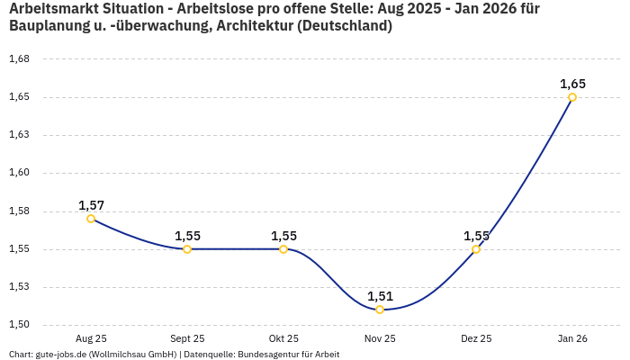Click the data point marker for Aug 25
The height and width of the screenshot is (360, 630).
click(x=91, y=219)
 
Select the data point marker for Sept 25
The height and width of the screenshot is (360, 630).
click(x=187, y=249)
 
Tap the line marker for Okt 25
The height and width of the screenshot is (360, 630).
click(x=283, y=249)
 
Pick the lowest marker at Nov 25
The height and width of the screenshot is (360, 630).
click(x=380, y=310)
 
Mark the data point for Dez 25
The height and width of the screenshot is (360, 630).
click(x=476, y=249)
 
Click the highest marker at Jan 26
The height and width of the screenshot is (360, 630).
click(x=572, y=97)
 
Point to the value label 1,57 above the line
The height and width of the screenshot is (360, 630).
click(x=91, y=205)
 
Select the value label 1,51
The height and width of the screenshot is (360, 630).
click(x=380, y=296)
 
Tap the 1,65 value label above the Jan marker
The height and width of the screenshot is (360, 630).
click(x=572, y=84)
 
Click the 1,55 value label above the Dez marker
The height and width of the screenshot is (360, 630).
click(x=476, y=236)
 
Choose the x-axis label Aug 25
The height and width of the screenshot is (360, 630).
click(x=91, y=338)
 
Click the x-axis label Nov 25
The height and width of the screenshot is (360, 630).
click(x=380, y=338)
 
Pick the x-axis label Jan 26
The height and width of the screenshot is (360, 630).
click(x=572, y=338)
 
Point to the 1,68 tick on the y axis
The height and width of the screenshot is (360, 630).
click(x=19, y=59)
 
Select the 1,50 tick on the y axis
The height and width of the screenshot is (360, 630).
click(x=19, y=325)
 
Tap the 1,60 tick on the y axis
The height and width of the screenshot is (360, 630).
click(x=19, y=173)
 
